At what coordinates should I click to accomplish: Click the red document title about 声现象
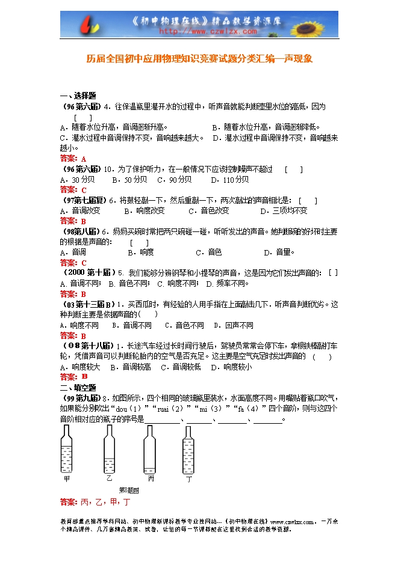point(199,60)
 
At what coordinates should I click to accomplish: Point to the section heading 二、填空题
point(78,388)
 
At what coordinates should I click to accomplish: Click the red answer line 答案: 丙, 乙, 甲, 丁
point(96,502)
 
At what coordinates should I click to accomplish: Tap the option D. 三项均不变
point(284,211)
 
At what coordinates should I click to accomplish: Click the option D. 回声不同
point(229,325)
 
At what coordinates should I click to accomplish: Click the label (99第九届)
point(82,398)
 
